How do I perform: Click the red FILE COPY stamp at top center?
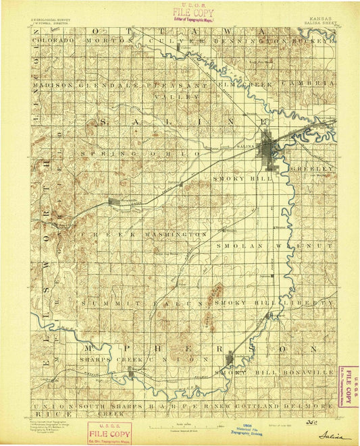tap(193, 12)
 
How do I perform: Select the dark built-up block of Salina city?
tap(270, 147)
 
